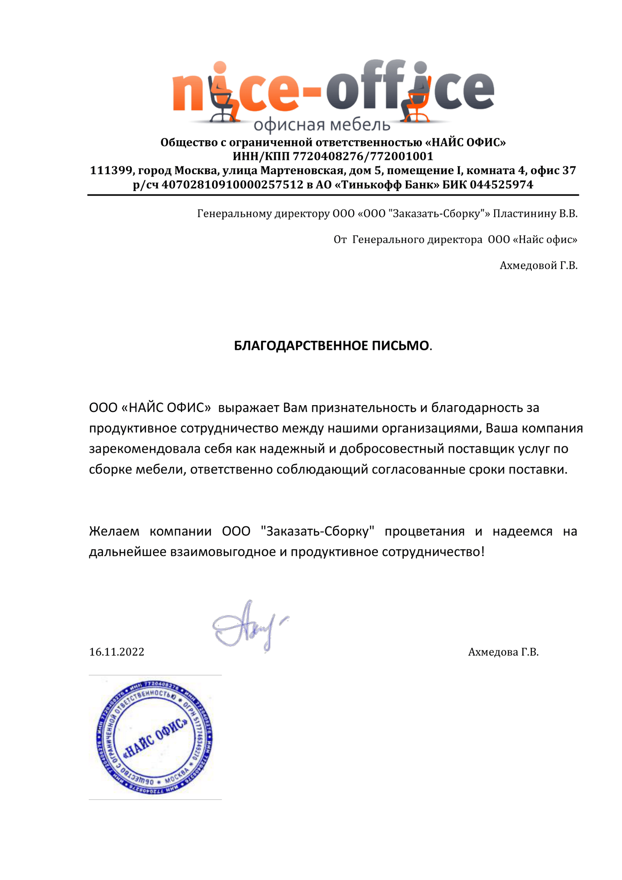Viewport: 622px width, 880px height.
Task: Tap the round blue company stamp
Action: pyautogui.click(x=155, y=737)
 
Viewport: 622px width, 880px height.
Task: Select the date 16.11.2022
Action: pyautogui.click(x=116, y=652)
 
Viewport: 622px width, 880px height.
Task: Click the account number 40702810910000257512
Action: pyautogui.click(x=233, y=185)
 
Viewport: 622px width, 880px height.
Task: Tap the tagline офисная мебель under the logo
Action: pyautogui.click(x=322, y=125)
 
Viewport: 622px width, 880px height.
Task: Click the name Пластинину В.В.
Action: pyautogui.click(x=535, y=214)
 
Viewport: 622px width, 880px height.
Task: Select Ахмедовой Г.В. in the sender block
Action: pyautogui.click(x=538, y=265)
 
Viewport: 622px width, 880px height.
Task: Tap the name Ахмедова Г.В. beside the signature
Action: pyautogui.click(x=503, y=652)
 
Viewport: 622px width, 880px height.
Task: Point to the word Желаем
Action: pyautogui.click(x=114, y=531)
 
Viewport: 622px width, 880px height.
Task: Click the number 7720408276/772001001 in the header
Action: pyautogui.click(x=363, y=156)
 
